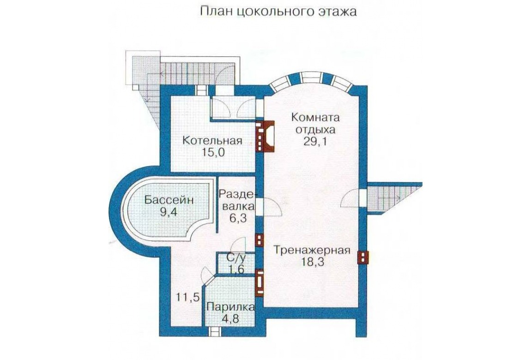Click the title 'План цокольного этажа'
[x=278, y=12]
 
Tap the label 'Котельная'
[x=212, y=140]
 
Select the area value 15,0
[x=213, y=152]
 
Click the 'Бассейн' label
[x=169, y=200]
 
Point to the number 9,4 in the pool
[x=169, y=213]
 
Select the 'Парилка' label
[x=230, y=307]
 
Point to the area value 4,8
[x=230, y=319]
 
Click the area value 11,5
[x=187, y=298]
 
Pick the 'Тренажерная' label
[x=312, y=250]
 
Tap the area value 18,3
[x=312, y=263]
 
